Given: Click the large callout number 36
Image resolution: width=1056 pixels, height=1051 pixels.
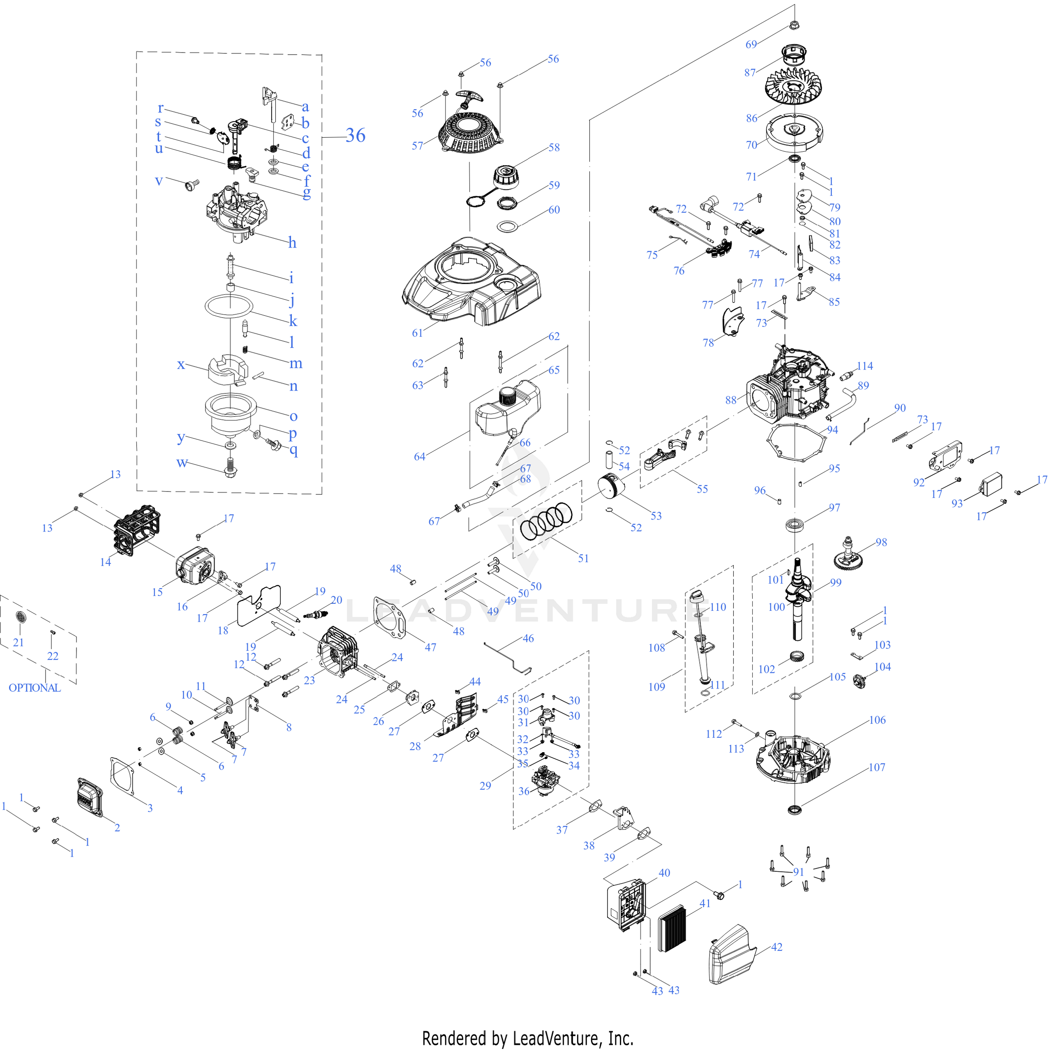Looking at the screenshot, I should point(355,136).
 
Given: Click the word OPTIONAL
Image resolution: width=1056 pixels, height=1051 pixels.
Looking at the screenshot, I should point(35,688).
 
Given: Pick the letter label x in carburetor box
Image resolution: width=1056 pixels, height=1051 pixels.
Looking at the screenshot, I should point(181,365).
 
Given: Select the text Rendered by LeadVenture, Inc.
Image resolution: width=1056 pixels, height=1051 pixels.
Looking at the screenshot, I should point(527,1038).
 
